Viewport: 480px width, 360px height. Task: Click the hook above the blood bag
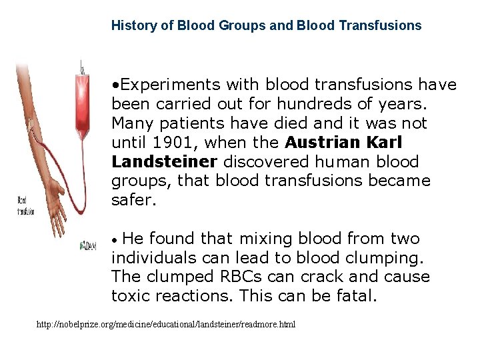pyautogui.click(x=81, y=67)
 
